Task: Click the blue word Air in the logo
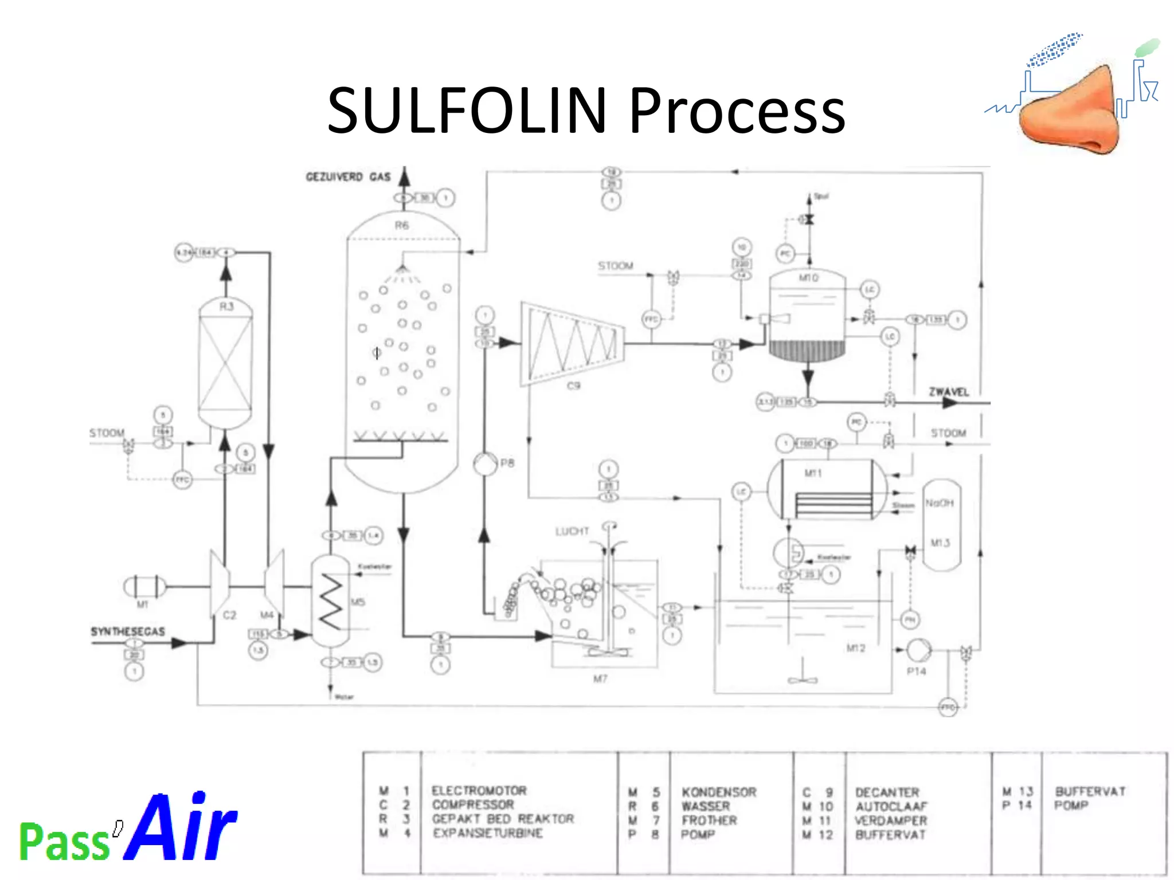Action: click(x=180, y=827)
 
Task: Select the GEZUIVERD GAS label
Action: click(x=348, y=176)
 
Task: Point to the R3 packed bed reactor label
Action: click(x=226, y=307)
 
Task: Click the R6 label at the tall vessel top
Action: click(x=402, y=225)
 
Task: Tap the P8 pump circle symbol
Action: click(x=485, y=463)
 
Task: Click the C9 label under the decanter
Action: click(x=573, y=386)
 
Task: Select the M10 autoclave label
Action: click(x=808, y=278)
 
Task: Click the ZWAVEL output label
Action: click(x=949, y=392)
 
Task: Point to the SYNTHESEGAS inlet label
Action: click(x=128, y=631)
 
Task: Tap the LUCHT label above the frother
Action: click(x=572, y=531)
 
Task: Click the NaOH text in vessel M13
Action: click(x=939, y=503)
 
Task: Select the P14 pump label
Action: click(x=916, y=671)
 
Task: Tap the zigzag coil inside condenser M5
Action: click(x=330, y=602)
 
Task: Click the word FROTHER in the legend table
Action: click(x=709, y=820)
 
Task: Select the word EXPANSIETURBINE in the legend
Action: click(x=487, y=833)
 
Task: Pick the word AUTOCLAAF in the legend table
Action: click(x=891, y=806)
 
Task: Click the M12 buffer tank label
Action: click(x=855, y=648)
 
